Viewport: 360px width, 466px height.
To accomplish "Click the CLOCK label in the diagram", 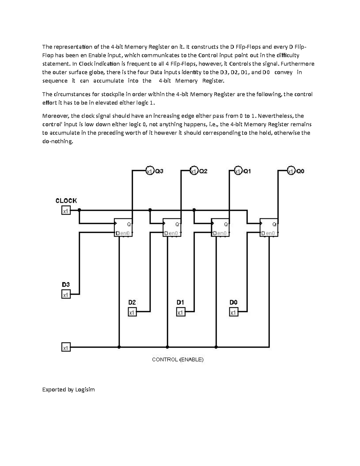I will [66, 201].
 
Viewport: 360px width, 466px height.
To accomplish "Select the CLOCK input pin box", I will [66, 211].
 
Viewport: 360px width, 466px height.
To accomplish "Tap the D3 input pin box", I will [66, 295].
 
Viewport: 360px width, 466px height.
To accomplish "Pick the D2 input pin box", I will [132, 312].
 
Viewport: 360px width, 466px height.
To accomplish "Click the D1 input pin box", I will [181, 312].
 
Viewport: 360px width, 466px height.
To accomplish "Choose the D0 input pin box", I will [234, 312].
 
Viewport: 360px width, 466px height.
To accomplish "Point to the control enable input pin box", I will [66, 347].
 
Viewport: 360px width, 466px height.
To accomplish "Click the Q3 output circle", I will [149, 171].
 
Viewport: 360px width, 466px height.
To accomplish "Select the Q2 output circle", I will [194, 171].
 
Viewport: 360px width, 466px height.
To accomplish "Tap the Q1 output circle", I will [238, 171].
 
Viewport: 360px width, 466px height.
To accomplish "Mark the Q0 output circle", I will [291, 171].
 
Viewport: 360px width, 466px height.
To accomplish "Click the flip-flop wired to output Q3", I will [123, 227].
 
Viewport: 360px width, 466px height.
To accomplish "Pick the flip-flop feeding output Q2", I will [172, 227].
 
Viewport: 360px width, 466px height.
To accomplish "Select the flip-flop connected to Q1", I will [220, 227].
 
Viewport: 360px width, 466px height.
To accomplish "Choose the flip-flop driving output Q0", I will [269, 227].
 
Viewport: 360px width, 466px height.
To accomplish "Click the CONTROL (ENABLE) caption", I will [178, 359].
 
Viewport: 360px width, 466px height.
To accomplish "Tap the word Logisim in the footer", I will [85, 389].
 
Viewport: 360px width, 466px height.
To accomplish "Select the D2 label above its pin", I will [132, 302].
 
